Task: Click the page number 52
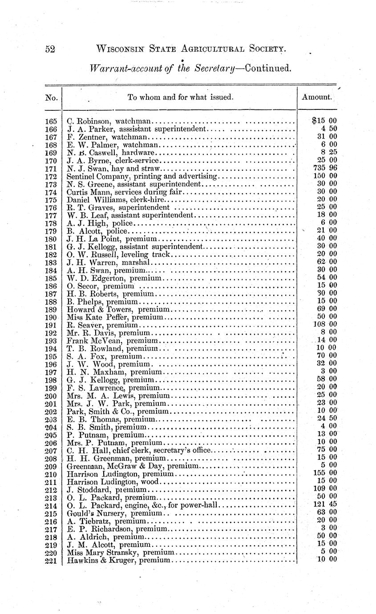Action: coord(50,49)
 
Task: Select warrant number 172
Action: coord(51,176)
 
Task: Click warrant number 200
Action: coord(51,395)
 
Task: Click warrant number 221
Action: coord(51,560)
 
